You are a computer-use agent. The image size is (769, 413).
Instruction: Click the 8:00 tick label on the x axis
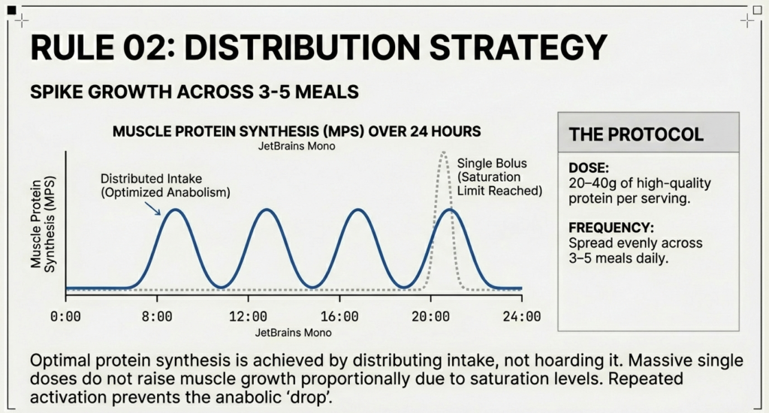tap(157, 317)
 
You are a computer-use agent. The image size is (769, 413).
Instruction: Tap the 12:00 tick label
tap(248, 317)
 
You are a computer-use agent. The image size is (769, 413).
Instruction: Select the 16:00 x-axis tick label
tap(339, 317)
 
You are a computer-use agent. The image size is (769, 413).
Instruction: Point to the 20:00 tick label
tap(430, 317)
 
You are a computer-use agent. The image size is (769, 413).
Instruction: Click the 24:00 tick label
tap(522, 317)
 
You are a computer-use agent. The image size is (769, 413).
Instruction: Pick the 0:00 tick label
tap(66, 317)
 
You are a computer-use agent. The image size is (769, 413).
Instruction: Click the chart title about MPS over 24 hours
tap(296, 131)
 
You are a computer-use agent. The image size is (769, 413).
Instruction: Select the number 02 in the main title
tap(143, 48)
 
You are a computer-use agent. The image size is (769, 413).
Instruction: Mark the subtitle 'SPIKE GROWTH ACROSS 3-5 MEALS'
tap(194, 93)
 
